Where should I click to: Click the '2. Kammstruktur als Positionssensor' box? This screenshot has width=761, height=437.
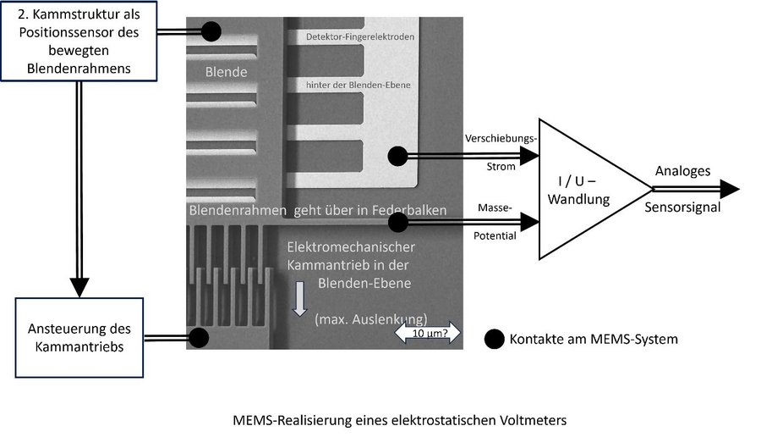coord(79,41)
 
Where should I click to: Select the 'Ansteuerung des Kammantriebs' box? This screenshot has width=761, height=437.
coord(79,338)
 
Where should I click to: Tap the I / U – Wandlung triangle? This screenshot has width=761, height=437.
coord(595,189)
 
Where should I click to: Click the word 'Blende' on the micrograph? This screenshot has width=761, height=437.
coord(226,72)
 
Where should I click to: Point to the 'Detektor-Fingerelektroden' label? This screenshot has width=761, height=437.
coord(360,36)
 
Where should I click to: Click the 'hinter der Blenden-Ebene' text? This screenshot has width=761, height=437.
coord(359,85)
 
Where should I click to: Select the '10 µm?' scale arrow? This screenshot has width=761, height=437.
coord(427,333)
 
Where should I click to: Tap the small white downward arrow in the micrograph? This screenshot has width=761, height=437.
coord(300,298)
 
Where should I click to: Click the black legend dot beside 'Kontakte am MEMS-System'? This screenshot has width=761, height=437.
coord(495,340)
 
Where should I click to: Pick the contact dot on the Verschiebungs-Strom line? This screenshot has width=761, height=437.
coord(398,156)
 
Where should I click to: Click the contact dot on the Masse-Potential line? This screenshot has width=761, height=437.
coord(398,222)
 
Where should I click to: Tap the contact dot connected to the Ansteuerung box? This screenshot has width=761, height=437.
coord(199,338)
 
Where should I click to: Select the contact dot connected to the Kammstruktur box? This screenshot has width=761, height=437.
coord(211,31)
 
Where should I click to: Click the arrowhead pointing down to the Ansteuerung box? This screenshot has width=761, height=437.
coord(79,288)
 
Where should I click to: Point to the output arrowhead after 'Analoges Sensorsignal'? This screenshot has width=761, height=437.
coord(730,189)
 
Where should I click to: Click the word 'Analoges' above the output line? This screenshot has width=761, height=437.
coord(682,171)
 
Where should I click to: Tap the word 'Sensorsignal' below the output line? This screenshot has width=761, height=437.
coord(682,207)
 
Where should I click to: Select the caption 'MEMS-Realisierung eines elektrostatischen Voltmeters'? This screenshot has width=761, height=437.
coord(399,420)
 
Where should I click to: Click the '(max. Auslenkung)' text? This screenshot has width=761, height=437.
coord(371,319)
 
